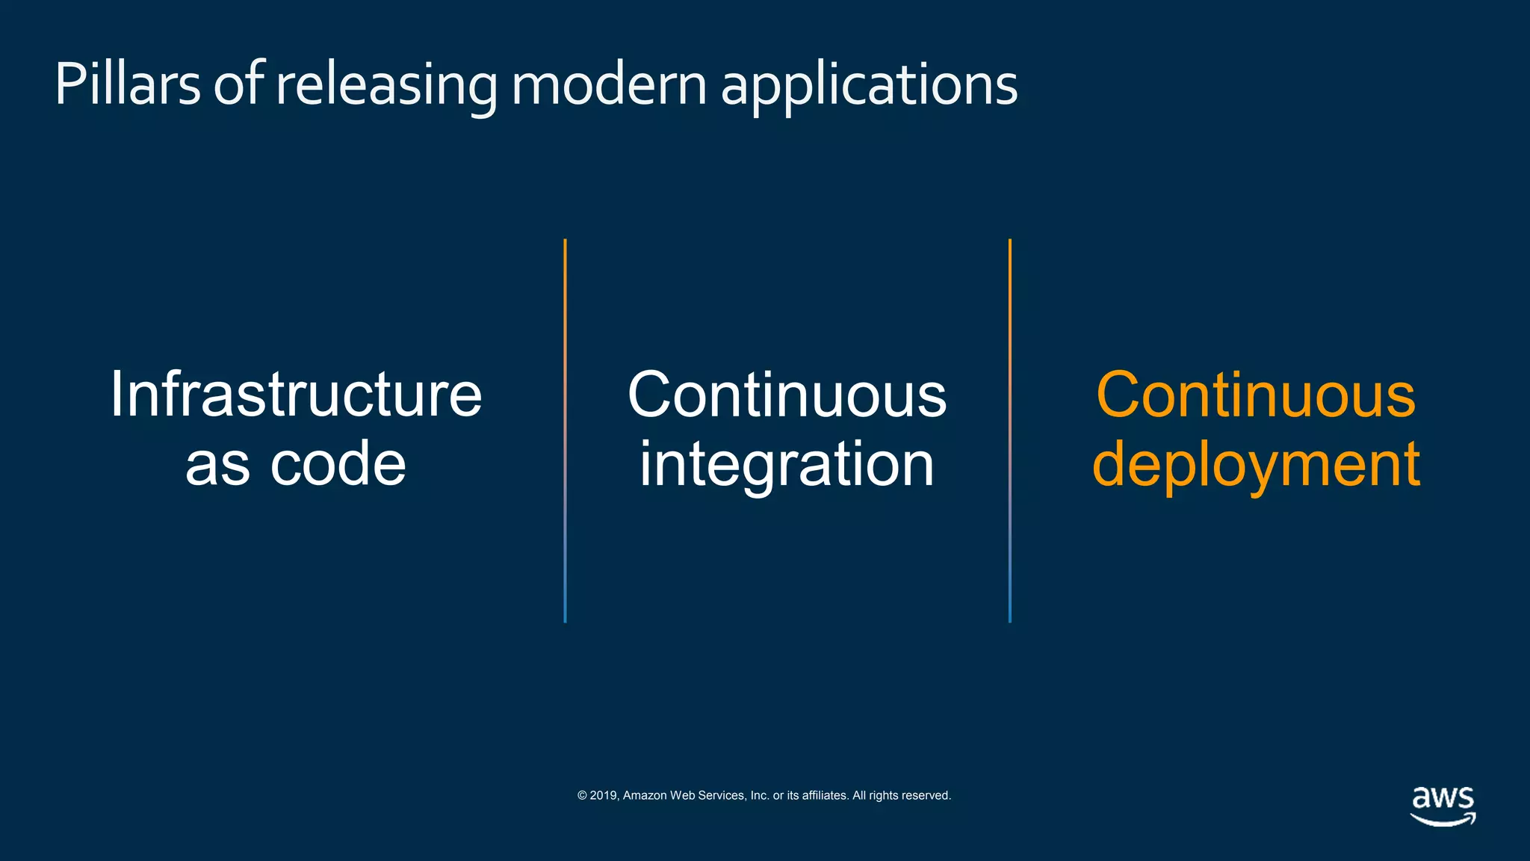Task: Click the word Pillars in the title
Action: point(127,84)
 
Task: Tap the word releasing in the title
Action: point(386,85)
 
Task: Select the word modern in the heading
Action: point(609,84)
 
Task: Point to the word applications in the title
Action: point(869,85)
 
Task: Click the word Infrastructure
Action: point(296,394)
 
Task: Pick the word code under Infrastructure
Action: point(338,463)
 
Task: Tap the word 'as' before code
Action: point(217,465)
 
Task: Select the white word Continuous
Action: point(787,394)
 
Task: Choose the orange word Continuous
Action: point(1255,394)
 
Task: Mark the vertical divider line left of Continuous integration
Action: point(565,430)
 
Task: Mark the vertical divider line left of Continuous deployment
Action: point(1010,430)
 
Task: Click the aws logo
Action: point(1443,804)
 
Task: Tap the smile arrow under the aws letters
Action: point(1443,820)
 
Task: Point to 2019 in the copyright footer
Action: point(604,795)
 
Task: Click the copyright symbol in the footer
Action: point(582,795)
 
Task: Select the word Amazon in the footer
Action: point(645,795)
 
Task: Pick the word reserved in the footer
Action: point(926,795)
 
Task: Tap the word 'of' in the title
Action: point(239,84)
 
